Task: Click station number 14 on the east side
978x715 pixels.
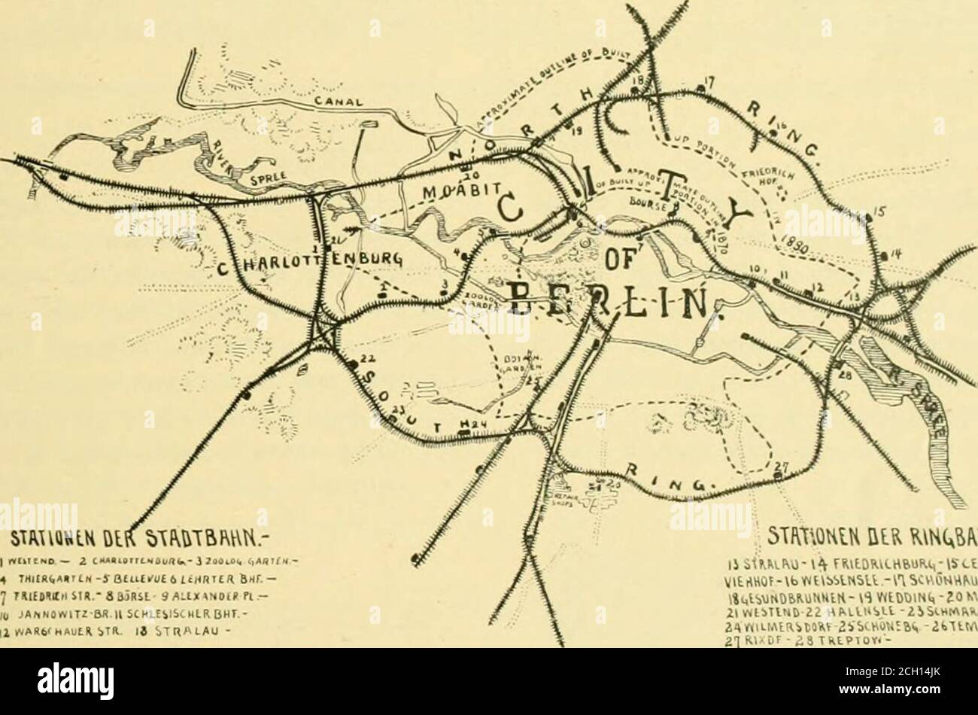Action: [x=894, y=258]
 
